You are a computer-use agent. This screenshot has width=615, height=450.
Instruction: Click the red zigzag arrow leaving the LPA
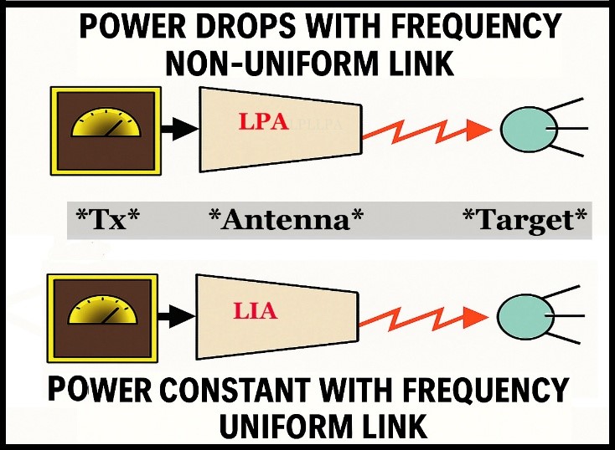(x=426, y=128)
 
